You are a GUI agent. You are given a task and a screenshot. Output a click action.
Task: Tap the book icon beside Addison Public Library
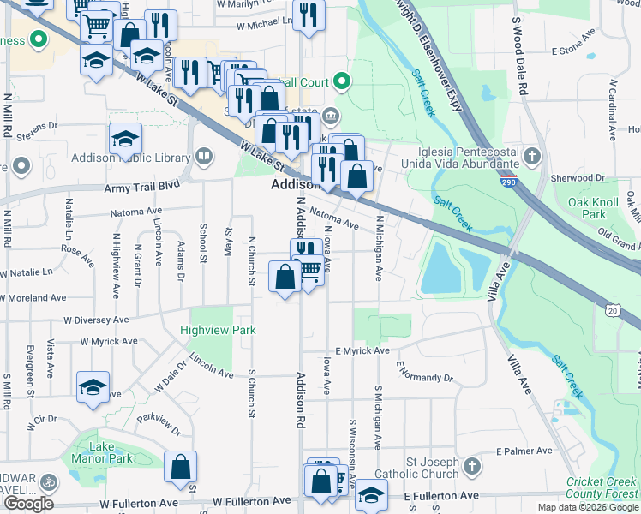pyautogui.click(x=204, y=156)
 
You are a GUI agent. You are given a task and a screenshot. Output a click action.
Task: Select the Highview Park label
pyautogui.click(x=206, y=330)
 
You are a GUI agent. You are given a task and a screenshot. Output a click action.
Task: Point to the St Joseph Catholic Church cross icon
pyautogui.click(x=472, y=466)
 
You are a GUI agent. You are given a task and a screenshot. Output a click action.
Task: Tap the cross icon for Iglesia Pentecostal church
pyautogui.click(x=532, y=156)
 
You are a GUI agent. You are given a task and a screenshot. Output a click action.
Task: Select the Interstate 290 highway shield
pyautogui.click(x=509, y=182)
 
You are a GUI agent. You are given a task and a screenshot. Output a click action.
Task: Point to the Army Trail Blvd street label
pyautogui.click(x=141, y=186)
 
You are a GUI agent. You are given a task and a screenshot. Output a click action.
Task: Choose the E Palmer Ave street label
pyautogui.click(x=524, y=451)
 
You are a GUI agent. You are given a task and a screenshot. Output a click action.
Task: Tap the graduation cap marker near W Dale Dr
pyautogui.click(x=93, y=386)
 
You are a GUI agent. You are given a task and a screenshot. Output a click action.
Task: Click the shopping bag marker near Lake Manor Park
pyautogui.click(x=181, y=467)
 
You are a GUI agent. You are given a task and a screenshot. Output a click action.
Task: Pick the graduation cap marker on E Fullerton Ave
pyautogui.click(x=371, y=494)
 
